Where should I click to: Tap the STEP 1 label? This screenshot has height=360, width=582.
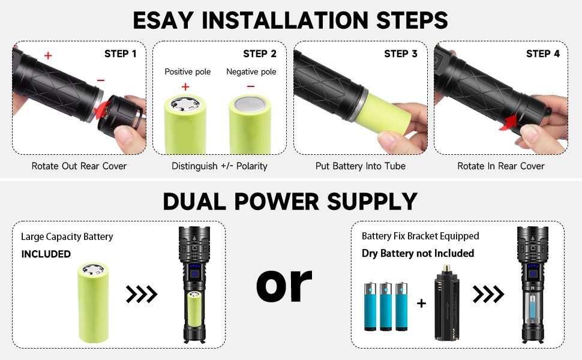pos(120,54)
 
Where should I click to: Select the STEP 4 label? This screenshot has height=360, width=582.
pos(543,54)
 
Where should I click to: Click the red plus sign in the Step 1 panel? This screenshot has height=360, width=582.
pos(48,56)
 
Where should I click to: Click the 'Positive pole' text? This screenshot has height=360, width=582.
pos(188,72)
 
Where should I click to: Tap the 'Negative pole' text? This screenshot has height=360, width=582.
pos(251,72)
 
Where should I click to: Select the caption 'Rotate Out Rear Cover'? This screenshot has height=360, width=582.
pos(79,166)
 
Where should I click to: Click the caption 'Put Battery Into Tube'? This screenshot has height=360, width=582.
pos(361,166)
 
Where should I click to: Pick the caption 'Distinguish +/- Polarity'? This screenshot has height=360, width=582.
pos(220,166)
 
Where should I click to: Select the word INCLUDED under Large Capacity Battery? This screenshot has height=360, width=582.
pos(46,254)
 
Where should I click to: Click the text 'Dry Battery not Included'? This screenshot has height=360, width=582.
pos(418,253)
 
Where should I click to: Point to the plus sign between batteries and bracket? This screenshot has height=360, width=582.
pos(421,304)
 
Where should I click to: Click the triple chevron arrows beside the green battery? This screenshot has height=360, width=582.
pos(142,294)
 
